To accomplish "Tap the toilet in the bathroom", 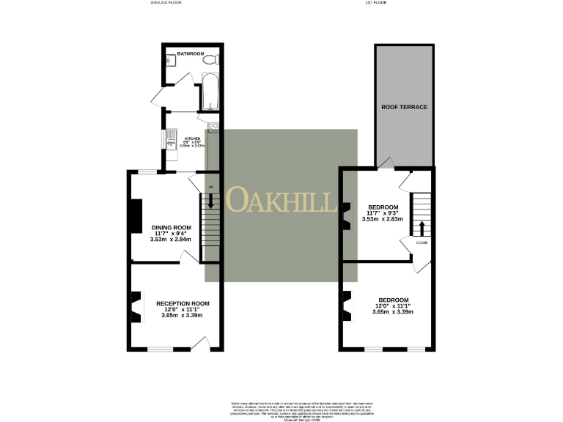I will [209, 61].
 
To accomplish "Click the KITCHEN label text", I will [192, 138].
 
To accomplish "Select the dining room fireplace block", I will [135, 216].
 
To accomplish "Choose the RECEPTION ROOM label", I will [183, 303].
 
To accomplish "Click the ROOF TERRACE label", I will [404, 107].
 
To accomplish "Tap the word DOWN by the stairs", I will [422, 242].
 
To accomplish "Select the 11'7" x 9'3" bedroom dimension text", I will [383, 213].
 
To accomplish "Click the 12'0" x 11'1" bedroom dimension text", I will [394, 306].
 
